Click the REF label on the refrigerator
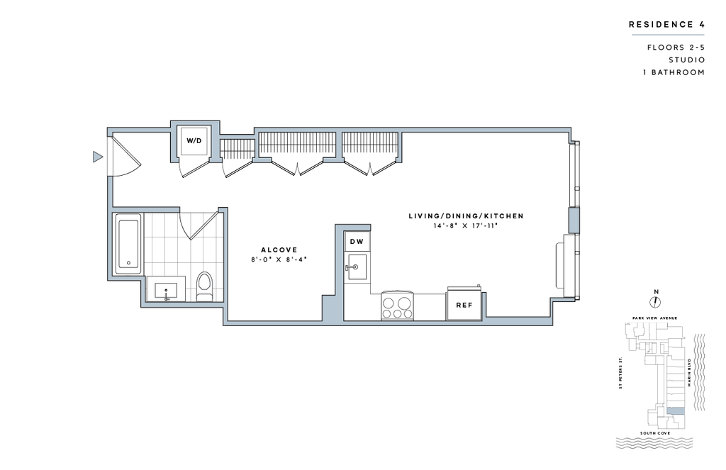coord(464,306)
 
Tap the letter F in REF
coord(471,306)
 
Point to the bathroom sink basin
coord(167,290)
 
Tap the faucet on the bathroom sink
coord(167,298)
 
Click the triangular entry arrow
coord(97,156)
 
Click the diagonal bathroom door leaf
coord(203,226)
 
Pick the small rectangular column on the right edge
coord(574,220)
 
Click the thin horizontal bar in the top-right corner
coord(667,35)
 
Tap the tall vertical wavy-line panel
coord(699,372)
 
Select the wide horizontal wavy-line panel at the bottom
coord(654,443)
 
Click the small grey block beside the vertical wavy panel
coord(675,411)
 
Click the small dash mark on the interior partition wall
coord(351,267)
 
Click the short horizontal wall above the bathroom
coord(145,209)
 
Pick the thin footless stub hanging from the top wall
coord(399,146)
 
